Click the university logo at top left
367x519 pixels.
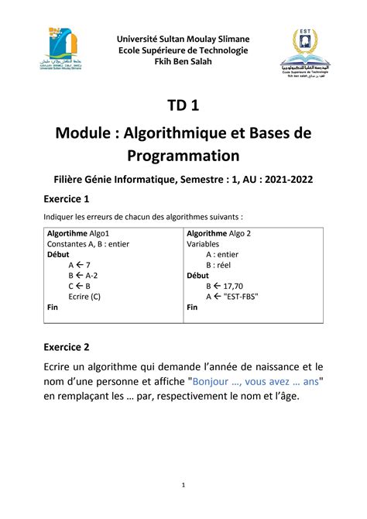click(x=64, y=51)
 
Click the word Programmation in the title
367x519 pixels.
click(x=183, y=155)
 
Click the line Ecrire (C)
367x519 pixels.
click(x=84, y=296)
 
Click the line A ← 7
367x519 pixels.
click(x=80, y=264)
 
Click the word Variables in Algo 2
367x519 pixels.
click(x=204, y=243)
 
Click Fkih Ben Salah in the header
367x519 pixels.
click(x=183, y=63)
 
